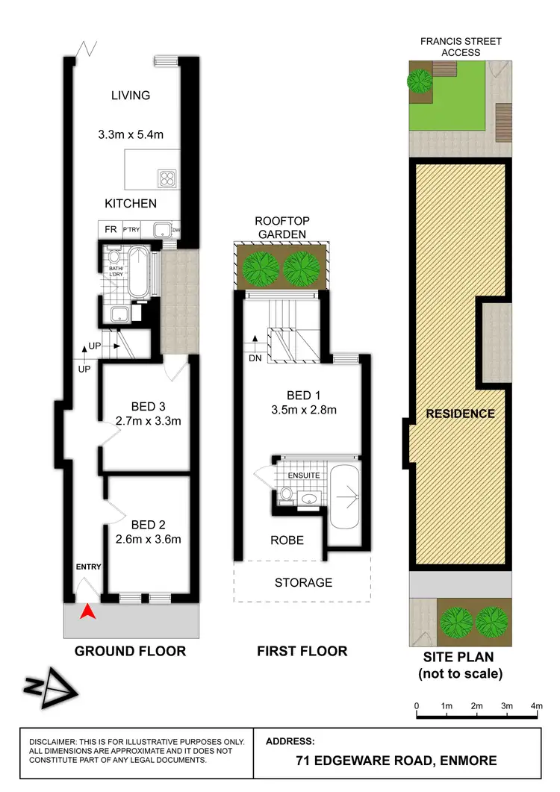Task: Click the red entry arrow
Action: pyautogui.click(x=88, y=611)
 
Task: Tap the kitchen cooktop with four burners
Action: pyautogui.click(x=166, y=178)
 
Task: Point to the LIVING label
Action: pyautogui.click(x=131, y=96)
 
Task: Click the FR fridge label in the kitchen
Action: pyautogui.click(x=109, y=229)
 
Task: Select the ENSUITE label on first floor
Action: pyautogui.click(x=304, y=474)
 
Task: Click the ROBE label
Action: pyautogui.click(x=286, y=540)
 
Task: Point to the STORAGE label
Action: pyautogui.click(x=302, y=582)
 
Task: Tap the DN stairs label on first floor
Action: pyautogui.click(x=255, y=358)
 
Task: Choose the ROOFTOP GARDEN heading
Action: pyautogui.click(x=281, y=228)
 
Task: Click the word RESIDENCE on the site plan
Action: pyautogui.click(x=461, y=414)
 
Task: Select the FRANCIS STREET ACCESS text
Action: pyautogui.click(x=461, y=47)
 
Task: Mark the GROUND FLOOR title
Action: pyautogui.click(x=130, y=651)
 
